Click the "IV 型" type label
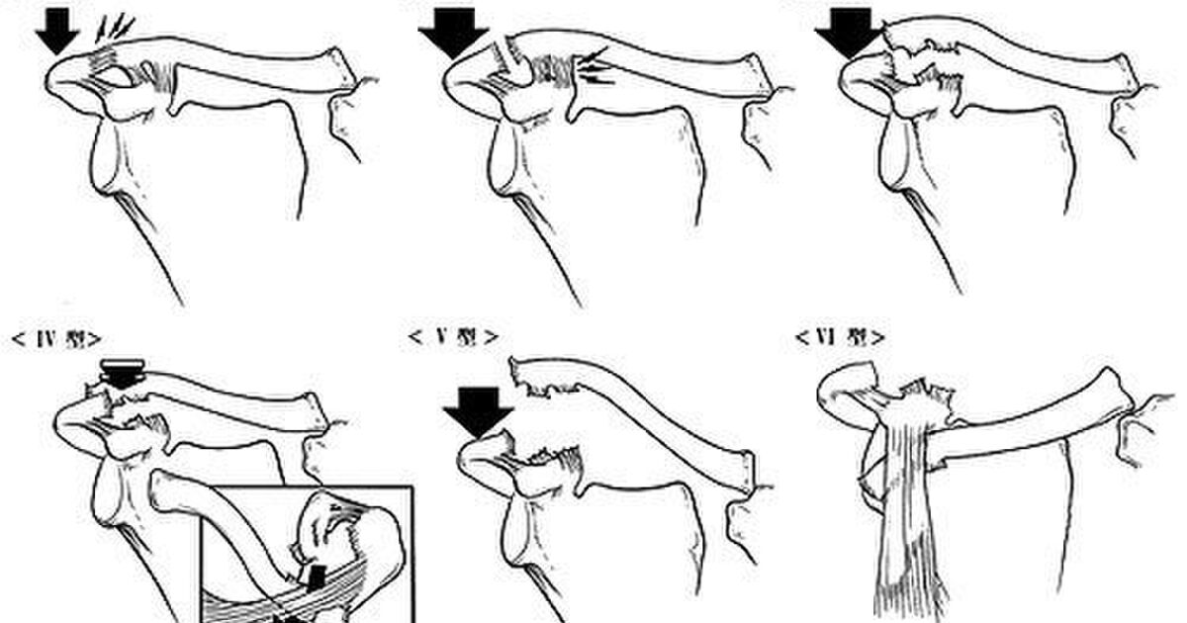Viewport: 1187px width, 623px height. (x=56, y=339)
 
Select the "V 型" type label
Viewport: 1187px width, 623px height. (x=453, y=337)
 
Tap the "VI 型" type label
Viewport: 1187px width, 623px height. (x=841, y=337)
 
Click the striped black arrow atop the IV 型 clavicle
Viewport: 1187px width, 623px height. (x=123, y=374)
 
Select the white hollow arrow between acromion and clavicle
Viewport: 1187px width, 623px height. (x=513, y=61)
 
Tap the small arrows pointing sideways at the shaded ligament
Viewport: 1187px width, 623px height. (x=596, y=67)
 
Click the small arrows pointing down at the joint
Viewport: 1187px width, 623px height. (x=115, y=28)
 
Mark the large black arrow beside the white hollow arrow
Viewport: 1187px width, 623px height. (x=454, y=33)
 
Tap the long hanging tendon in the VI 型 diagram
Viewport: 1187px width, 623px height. (x=906, y=519)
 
